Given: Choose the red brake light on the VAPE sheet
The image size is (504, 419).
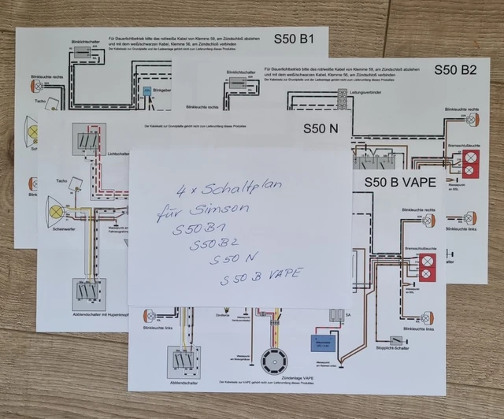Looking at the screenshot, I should tap(430, 268).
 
